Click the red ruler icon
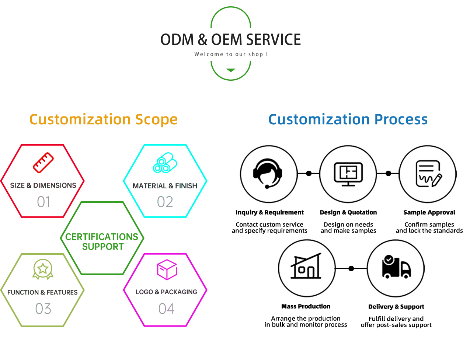(43, 163)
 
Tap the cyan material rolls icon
(165, 163)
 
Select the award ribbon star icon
(43, 269)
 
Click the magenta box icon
(167, 269)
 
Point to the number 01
(43, 202)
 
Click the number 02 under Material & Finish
(165, 202)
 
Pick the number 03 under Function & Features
(43, 309)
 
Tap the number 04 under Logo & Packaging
(166, 309)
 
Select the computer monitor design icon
(348, 174)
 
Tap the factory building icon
(306, 266)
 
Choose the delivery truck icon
(397, 267)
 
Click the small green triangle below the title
(231, 70)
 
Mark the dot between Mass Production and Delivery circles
(351, 268)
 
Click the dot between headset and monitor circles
(309, 173)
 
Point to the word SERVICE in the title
(274, 40)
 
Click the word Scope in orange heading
(156, 120)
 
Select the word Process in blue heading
(401, 119)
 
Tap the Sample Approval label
(429, 212)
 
